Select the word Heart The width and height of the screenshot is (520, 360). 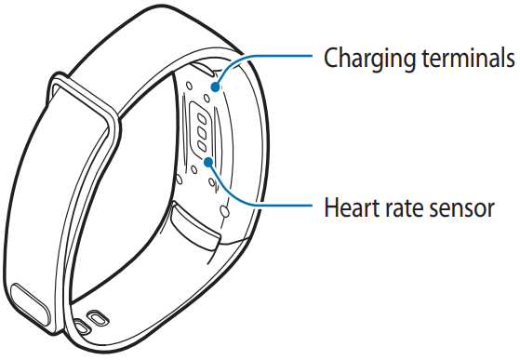click(346, 207)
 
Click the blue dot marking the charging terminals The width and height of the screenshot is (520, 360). click(216, 88)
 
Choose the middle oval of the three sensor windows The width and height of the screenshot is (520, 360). click(199, 131)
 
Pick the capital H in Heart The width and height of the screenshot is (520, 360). click(329, 207)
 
